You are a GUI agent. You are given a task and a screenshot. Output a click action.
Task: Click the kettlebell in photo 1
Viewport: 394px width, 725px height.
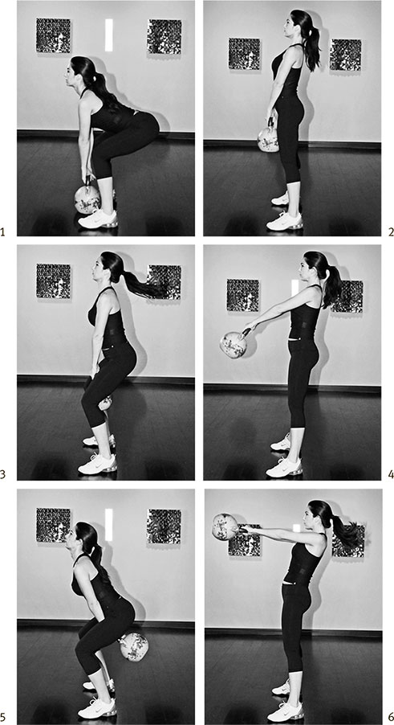pyautogui.click(x=87, y=197)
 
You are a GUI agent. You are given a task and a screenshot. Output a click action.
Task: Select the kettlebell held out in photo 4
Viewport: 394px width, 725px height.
pyautogui.click(x=234, y=342)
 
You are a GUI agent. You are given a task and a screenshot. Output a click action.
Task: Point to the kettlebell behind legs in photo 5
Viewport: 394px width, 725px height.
pyautogui.click(x=134, y=646)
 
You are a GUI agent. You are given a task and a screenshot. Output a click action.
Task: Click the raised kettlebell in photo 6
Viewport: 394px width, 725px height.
pyautogui.click(x=225, y=526)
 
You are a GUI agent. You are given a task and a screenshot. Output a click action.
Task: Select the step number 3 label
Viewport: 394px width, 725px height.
pyautogui.click(x=2, y=475)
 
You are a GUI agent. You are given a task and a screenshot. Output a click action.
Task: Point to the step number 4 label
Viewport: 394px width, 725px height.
pyautogui.click(x=391, y=475)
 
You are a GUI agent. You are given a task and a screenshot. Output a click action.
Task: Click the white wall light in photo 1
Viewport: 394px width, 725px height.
pyautogui.click(x=109, y=35)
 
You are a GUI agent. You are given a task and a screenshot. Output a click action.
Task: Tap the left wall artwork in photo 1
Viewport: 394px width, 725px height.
pyautogui.click(x=54, y=35)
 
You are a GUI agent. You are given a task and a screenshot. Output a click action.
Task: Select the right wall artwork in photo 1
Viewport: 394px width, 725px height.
pyautogui.click(x=165, y=36)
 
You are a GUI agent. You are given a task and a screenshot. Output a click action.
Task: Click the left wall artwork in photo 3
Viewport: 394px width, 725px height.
pyautogui.click(x=54, y=281)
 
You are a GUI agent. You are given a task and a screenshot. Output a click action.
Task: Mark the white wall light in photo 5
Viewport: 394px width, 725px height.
pyautogui.click(x=109, y=525)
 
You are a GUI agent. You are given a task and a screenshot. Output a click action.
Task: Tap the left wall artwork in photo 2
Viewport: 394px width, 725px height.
pyautogui.click(x=245, y=54)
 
